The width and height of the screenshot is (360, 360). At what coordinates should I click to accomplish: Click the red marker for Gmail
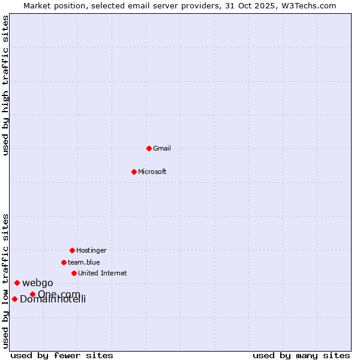(x=149, y=148)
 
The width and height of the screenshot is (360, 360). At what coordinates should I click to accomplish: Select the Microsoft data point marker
(x=134, y=172)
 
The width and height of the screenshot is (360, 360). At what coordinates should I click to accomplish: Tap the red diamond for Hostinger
(x=72, y=250)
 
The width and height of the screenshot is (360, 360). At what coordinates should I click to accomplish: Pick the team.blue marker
(x=64, y=262)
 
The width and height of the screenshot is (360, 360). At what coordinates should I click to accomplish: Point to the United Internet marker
(x=74, y=273)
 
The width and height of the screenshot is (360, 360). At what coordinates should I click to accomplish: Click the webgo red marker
(x=17, y=283)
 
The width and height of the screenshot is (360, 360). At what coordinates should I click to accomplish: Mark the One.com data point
(x=32, y=294)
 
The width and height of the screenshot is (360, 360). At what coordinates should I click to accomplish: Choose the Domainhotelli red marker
(x=14, y=299)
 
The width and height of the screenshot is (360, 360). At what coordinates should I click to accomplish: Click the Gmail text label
(x=162, y=148)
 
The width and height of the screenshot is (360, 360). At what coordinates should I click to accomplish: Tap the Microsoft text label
(x=152, y=172)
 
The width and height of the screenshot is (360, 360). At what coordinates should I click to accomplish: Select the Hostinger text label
(x=91, y=250)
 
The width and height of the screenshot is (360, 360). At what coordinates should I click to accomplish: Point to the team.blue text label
(x=84, y=262)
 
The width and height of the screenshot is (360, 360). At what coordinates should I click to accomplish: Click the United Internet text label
(x=103, y=273)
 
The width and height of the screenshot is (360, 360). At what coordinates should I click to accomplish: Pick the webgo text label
(x=38, y=283)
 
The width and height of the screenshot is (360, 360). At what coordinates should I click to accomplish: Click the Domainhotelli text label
(x=53, y=299)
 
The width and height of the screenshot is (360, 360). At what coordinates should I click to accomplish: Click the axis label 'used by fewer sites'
(x=62, y=355)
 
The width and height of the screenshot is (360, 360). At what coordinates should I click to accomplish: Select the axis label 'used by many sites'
(x=301, y=355)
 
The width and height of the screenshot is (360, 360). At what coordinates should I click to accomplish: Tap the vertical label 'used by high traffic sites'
(x=6, y=85)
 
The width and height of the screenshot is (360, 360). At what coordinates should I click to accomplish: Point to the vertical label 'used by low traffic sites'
(x=6, y=280)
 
